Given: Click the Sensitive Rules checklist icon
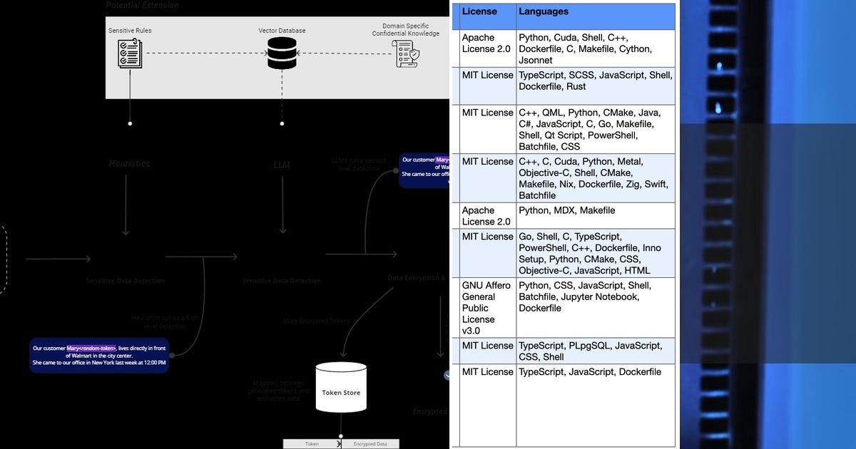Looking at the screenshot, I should (x=130, y=53).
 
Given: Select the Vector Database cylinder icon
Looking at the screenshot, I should (x=282, y=53).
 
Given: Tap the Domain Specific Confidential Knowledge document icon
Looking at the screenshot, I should (x=406, y=54).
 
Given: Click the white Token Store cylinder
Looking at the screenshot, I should (x=341, y=388).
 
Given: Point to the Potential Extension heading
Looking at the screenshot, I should (x=143, y=6).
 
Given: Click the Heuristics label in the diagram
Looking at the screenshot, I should (x=130, y=163).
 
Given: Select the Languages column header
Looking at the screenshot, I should (x=544, y=12).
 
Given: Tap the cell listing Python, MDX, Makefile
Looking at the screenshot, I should (x=595, y=216).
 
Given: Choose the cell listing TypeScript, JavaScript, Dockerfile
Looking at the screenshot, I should (x=595, y=372).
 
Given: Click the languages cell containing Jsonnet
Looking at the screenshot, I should (x=595, y=48).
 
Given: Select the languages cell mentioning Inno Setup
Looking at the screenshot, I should (x=595, y=253).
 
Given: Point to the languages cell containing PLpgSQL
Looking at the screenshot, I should (x=595, y=351).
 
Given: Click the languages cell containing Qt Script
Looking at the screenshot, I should (x=595, y=129).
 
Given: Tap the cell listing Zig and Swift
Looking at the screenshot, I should (x=595, y=178).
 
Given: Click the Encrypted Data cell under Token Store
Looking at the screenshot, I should (x=370, y=443).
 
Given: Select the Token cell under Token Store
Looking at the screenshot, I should (x=312, y=443).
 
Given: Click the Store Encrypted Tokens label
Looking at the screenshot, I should (x=316, y=321).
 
